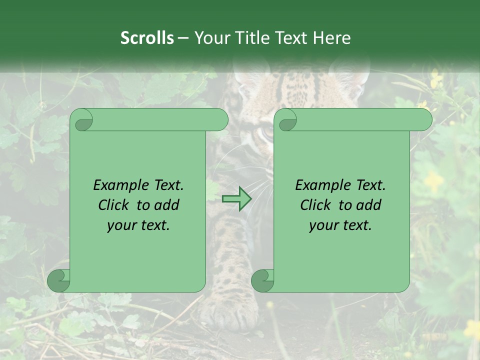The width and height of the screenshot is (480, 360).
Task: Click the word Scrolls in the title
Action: coord(147,38)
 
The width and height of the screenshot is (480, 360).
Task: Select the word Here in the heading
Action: coord(331,38)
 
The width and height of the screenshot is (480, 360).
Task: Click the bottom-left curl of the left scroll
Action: coord(58,281)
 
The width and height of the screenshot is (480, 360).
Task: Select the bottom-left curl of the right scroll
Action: coord(262,281)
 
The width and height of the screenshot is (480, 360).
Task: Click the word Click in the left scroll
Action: coord(114,205)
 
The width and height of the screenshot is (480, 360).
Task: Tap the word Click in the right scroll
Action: coord(316,205)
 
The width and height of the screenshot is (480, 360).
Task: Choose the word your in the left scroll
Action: coord(119,226)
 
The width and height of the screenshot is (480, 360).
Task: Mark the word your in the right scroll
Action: coord(321,226)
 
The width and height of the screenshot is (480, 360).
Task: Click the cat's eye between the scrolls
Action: coord(267,134)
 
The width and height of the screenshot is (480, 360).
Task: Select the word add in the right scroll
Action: coord(368,205)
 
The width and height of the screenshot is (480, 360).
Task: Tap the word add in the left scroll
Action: coord(166,205)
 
